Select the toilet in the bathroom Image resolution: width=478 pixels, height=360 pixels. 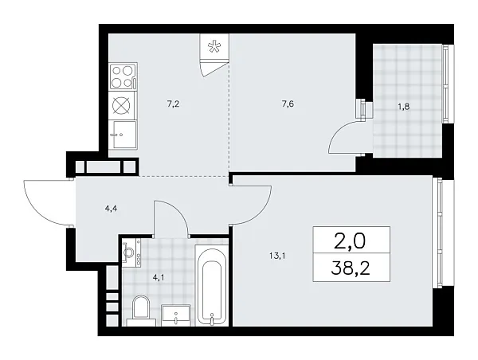click(x=140, y=310)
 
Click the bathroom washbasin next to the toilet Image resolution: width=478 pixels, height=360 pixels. click(x=176, y=314)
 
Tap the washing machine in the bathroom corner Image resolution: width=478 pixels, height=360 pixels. click(x=130, y=251)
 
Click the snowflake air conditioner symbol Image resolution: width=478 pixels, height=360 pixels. click(x=213, y=46)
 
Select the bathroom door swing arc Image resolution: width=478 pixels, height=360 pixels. click(x=170, y=217)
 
